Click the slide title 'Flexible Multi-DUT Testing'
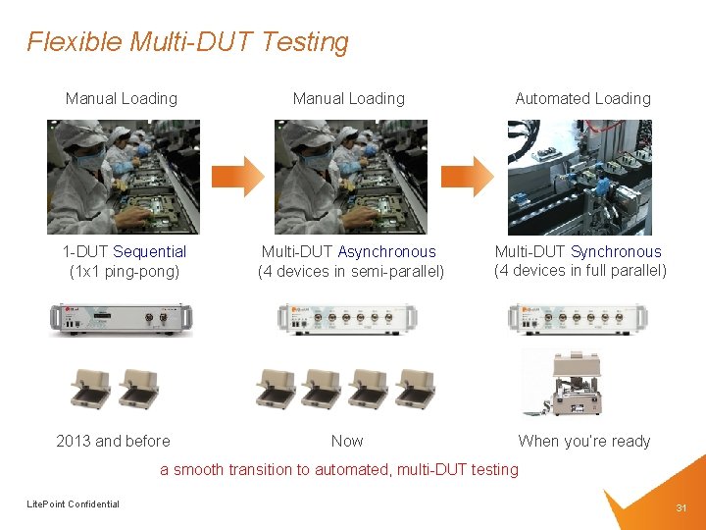(187, 42)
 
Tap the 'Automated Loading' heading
(582, 98)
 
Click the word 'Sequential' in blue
(149, 252)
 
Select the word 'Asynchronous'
(386, 252)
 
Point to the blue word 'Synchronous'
(616, 252)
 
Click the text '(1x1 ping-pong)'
(125, 271)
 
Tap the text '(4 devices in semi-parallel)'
(350, 271)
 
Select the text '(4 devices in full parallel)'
(580, 270)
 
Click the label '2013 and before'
(113, 441)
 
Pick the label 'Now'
(347, 441)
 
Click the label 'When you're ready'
(583, 441)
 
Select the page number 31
(681, 507)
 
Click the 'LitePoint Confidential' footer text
(73, 504)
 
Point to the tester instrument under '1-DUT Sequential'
(121, 318)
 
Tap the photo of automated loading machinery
(580, 177)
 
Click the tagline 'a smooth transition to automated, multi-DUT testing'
(338, 469)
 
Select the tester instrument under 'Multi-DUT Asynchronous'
(347, 318)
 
